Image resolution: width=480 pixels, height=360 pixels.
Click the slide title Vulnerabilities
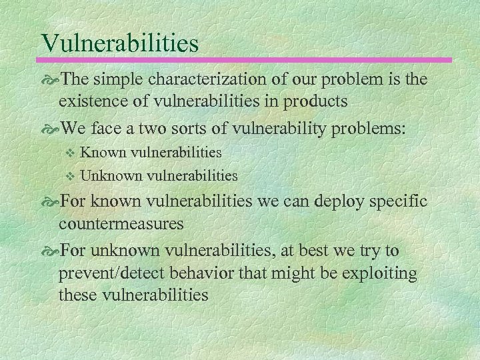coord(120,43)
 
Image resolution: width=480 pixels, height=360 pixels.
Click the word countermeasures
coord(121,223)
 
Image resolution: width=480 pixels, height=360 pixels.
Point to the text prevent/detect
coord(113,273)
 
